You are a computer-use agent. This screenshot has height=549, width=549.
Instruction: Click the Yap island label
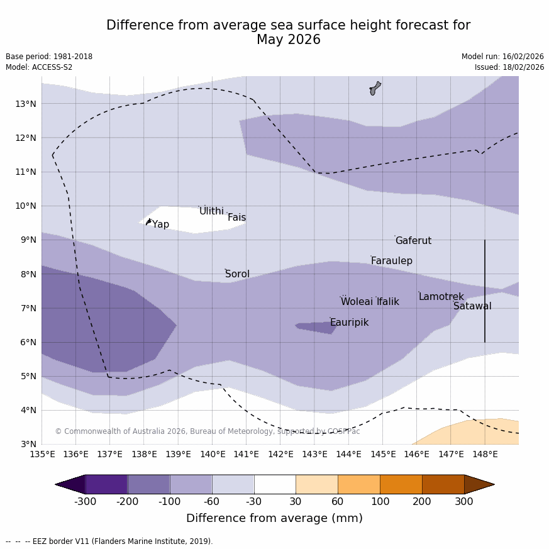click(160, 225)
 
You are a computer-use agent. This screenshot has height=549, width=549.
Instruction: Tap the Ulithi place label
click(211, 211)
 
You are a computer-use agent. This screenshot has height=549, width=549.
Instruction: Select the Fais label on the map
click(236, 218)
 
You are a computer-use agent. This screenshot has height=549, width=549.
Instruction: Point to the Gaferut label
click(413, 241)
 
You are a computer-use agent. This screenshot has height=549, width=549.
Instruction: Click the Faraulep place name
click(391, 261)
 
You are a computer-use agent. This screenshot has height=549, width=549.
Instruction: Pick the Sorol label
click(237, 274)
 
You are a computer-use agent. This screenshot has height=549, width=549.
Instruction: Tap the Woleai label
click(357, 302)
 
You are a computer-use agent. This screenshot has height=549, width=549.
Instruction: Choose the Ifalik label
click(387, 302)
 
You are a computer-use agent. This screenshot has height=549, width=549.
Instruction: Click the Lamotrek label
click(441, 297)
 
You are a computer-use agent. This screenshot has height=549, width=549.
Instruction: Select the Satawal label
click(472, 306)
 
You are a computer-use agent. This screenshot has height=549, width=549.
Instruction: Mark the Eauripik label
click(349, 323)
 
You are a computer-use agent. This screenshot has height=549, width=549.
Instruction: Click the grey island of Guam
click(375, 88)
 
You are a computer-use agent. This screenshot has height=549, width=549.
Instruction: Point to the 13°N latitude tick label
click(25, 104)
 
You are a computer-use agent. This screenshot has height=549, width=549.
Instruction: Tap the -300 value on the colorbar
click(85, 502)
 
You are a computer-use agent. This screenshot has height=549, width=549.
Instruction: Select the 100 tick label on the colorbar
click(380, 502)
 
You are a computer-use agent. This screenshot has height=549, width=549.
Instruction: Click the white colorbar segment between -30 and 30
click(275, 484)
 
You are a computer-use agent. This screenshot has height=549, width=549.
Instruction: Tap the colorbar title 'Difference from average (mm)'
click(274, 518)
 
